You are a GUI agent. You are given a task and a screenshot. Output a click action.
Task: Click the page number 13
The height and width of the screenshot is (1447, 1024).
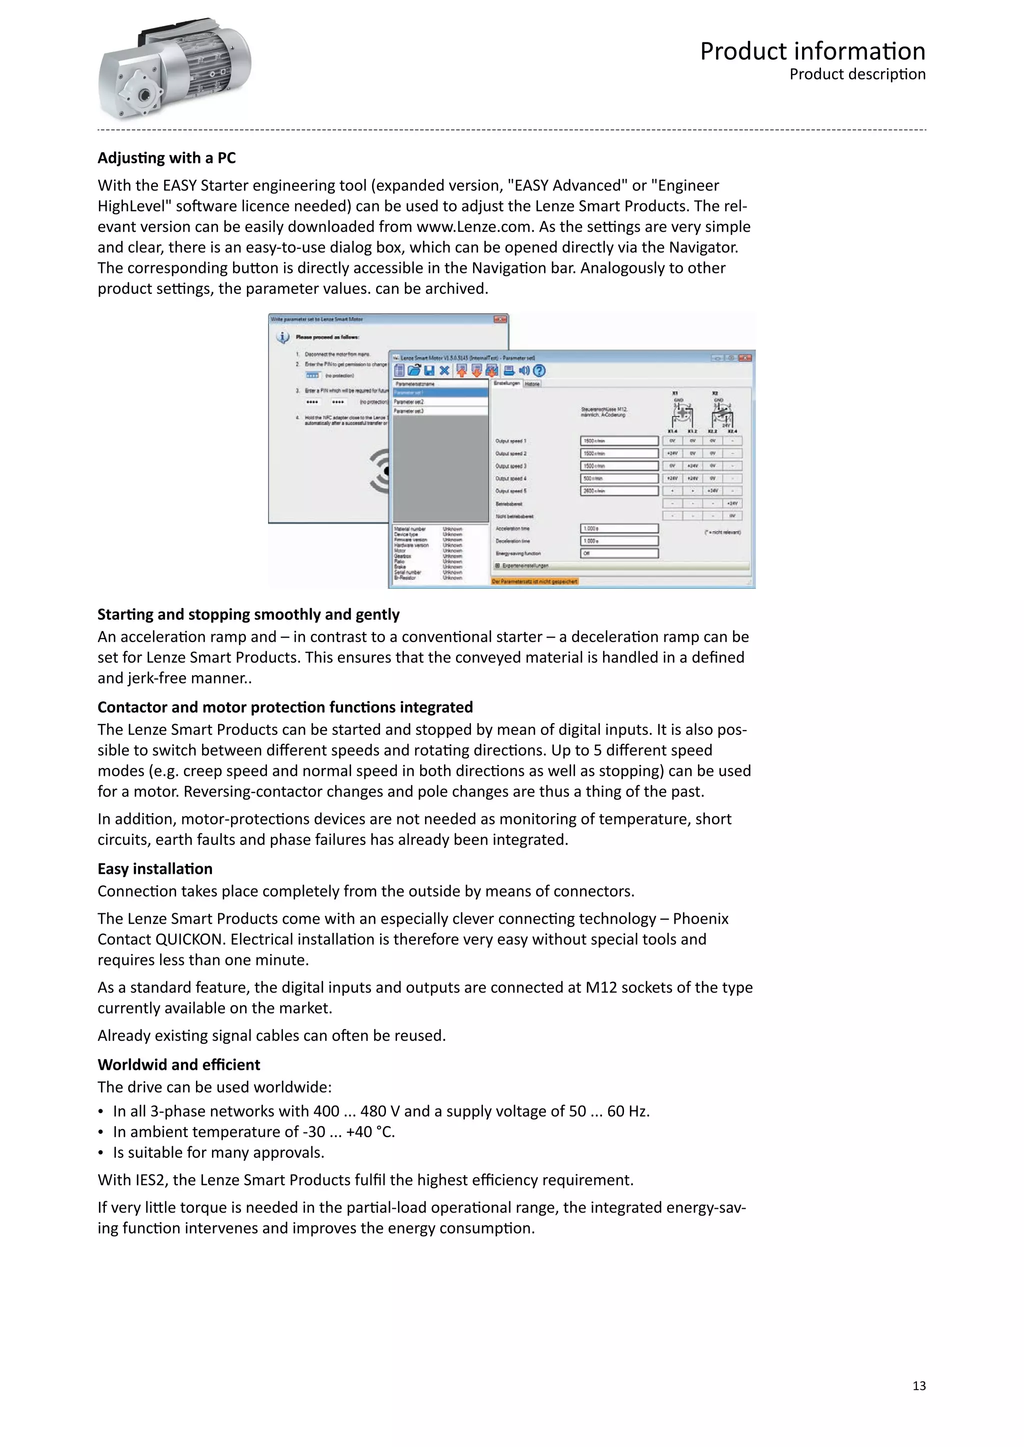click(x=918, y=1385)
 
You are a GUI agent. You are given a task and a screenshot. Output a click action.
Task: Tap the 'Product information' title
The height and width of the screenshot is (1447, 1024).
click(x=812, y=51)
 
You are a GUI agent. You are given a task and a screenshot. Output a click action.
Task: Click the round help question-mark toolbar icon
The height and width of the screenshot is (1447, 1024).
click(x=539, y=371)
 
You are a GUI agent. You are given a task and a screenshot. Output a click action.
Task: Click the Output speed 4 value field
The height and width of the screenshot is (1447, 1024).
click(x=618, y=478)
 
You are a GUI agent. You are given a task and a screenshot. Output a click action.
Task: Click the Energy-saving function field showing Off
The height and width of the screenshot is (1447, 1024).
click(x=618, y=553)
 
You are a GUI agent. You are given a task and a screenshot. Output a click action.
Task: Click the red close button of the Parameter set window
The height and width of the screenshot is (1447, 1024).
click(x=745, y=357)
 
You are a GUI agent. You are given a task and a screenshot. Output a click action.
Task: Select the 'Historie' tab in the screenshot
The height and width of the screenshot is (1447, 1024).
click(x=532, y=383)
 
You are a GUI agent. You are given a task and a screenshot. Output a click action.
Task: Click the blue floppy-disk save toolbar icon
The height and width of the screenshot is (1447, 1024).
click(x=429, y=371)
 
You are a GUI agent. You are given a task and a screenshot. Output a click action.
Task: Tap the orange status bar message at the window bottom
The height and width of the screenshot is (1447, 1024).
click(x=534, y=581)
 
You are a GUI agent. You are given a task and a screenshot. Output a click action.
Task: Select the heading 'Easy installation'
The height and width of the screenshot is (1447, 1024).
click(x=155, y=868)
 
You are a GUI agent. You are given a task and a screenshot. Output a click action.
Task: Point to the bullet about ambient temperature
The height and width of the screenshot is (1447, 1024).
click(x=253, y=1131)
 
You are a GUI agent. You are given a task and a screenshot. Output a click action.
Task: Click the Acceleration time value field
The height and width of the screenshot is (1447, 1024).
click(x=618, y=528)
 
